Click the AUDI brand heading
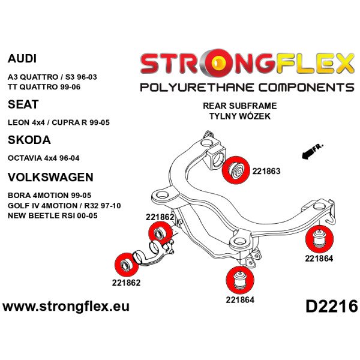[x=22, y=59]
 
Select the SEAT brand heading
[x=23, y=104]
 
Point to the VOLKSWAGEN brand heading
[x=50, y=177]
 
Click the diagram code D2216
[x=331, y=306]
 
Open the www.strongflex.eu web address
[x=66, y=307]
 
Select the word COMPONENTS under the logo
[x=303, y=88]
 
